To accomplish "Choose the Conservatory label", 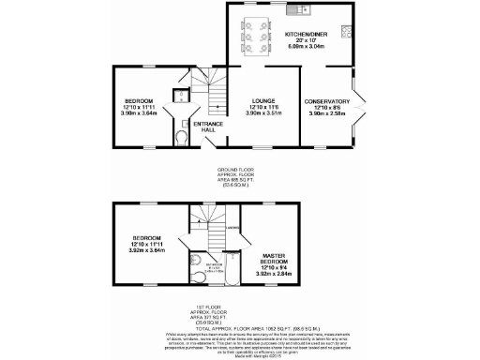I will (x=327, y=106).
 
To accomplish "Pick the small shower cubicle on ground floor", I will (x=179, y=98).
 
